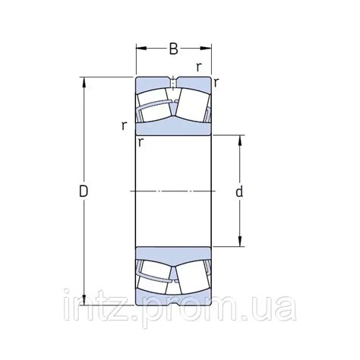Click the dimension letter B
(173, 49)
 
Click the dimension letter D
(84, 191)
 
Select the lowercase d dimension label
(239, 191)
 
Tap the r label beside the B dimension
(199, 67)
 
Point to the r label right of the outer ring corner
(216, 82)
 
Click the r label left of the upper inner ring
(124, 125)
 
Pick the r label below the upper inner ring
(141, 143)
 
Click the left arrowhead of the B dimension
(141, 48)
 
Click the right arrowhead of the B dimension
(206, 48)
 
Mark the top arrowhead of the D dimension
(84, 83)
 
